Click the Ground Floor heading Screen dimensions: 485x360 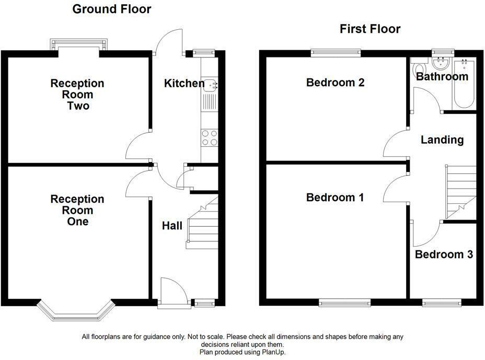pyautogui.click(x=112, y=9)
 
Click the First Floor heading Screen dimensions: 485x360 pyautogui.click(x=370, y=29)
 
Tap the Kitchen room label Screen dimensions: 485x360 pyautogui.click(x=184, y=83)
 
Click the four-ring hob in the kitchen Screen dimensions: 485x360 pyautogui.click(x=210, y=138)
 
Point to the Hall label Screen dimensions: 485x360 pyautogui.click(x=172, y=226)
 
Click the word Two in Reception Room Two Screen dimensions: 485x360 pyautogui.click(x=78, y=106)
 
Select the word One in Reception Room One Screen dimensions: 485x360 pyautogui.click(x=78, y=222)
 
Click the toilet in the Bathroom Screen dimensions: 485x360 pyautogui.click(x=419, y=68)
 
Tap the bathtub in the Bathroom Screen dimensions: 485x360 pyautogui.click(x=464, y=84)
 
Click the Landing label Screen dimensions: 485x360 pyautogui.click(x=442, y=140)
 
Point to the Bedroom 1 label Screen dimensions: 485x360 pyautogui.click(x=334, y=198)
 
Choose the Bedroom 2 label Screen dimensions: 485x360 pyautogui.click(x=335, y=82)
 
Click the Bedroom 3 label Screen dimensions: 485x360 pyautogui.click(x=444, y=254)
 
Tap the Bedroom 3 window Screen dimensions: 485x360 pyautogui.click(x=442, y=303)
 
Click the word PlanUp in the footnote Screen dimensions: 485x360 pyautogui.click(x=273, y=352)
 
